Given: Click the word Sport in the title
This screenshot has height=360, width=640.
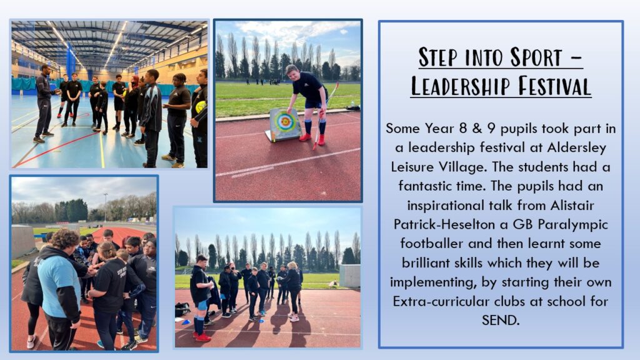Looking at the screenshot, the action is point(536,57).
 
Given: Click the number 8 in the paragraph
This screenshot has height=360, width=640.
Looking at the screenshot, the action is point(463,129).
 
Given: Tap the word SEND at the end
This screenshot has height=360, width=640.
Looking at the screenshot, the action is point(501,321).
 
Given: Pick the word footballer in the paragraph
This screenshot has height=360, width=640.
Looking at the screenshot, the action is point(432,244).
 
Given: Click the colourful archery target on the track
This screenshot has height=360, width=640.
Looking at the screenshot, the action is point(285,124).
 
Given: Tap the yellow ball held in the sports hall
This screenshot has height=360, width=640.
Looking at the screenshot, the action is point(201,107).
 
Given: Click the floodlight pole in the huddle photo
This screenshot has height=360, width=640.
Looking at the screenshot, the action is point(106,207).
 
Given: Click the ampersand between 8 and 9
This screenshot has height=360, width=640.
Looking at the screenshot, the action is point(477,129).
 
